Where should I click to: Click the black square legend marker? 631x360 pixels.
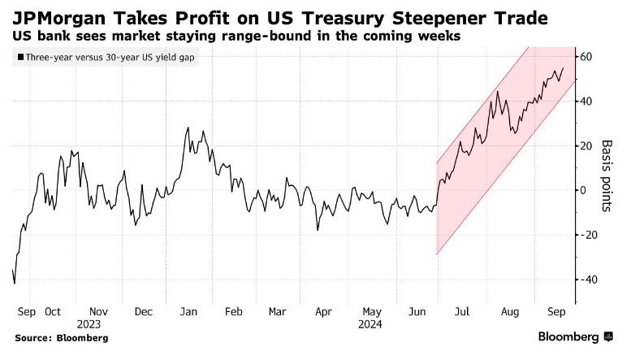19,58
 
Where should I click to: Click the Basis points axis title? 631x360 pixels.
606,175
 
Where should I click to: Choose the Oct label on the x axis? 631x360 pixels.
54,310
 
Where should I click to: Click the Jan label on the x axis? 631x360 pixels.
188,310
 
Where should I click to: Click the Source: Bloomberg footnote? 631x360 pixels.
61,336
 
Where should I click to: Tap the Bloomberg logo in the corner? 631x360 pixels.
575,336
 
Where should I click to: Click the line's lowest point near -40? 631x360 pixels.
15,284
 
